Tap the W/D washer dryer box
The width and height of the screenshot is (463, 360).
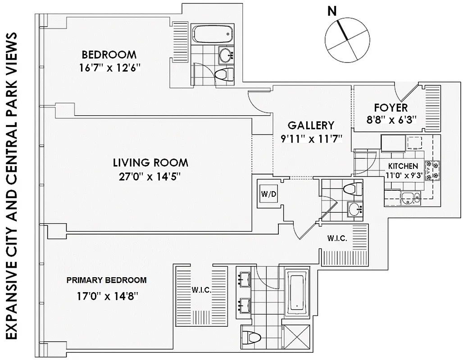(x=266, y=194)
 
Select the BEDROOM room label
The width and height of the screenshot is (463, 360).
(x=109, y=55)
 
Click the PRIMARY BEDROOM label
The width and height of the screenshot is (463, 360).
(x=106, y=280)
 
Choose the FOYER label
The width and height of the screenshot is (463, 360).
(x=391, y=108)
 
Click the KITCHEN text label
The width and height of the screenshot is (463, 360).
(x=403, y=166)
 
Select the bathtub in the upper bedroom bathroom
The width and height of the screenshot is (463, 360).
(x=212, y=33)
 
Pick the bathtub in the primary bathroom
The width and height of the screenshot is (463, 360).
(x=298, y=290)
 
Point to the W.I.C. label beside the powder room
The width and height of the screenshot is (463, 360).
(x=337, y=238)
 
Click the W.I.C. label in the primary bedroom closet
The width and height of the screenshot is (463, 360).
(x=201, y=290)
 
